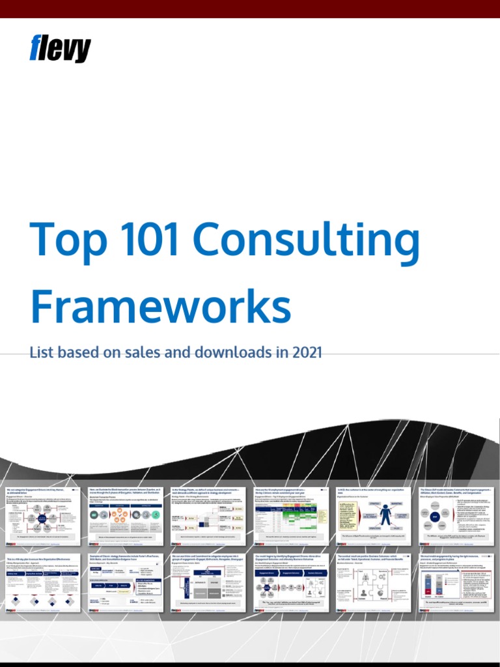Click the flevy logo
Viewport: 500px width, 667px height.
[61, 49]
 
